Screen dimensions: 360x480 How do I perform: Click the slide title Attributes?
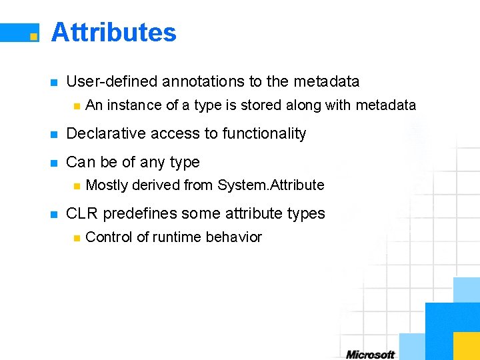click(113, 32)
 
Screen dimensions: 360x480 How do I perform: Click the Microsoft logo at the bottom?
click(370, 355)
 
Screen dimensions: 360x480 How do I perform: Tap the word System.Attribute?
click(271, 185)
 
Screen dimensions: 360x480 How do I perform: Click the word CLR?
click(82, 214)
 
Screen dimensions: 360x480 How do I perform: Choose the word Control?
click(109, 237)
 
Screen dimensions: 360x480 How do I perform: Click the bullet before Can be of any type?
click(54, 163)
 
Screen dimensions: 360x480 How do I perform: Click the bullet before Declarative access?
click(54, 134)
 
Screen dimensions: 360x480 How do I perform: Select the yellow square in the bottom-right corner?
click(466, 346)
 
